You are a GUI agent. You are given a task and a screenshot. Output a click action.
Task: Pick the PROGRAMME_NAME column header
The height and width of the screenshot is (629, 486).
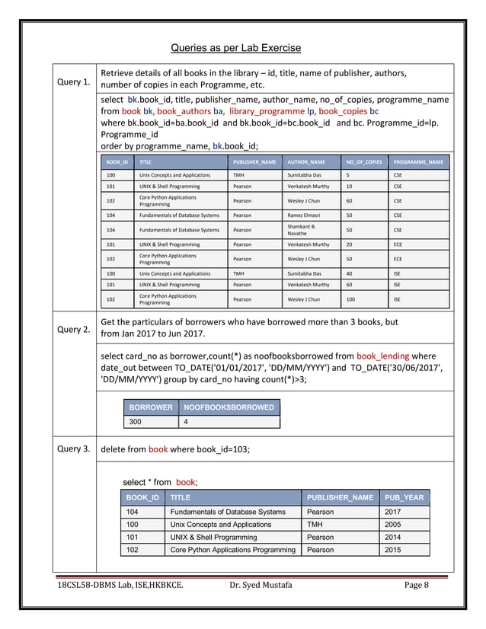point(418,162)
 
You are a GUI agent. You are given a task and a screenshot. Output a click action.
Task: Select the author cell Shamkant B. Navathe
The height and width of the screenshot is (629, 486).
point(301,229)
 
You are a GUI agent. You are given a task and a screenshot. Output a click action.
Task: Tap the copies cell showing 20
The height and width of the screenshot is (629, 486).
point(350,244)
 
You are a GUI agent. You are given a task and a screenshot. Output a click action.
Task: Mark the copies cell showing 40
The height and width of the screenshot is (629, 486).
point(350,272)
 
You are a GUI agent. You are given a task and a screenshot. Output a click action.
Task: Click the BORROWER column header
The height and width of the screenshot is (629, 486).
point(150,407)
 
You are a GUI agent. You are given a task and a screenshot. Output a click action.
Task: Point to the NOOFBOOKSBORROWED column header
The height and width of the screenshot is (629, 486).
point(229,407)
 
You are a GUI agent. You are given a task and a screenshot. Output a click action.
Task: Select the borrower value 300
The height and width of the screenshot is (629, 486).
point(136,421)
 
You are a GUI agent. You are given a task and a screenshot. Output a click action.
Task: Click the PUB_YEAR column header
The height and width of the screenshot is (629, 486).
point(404,497)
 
